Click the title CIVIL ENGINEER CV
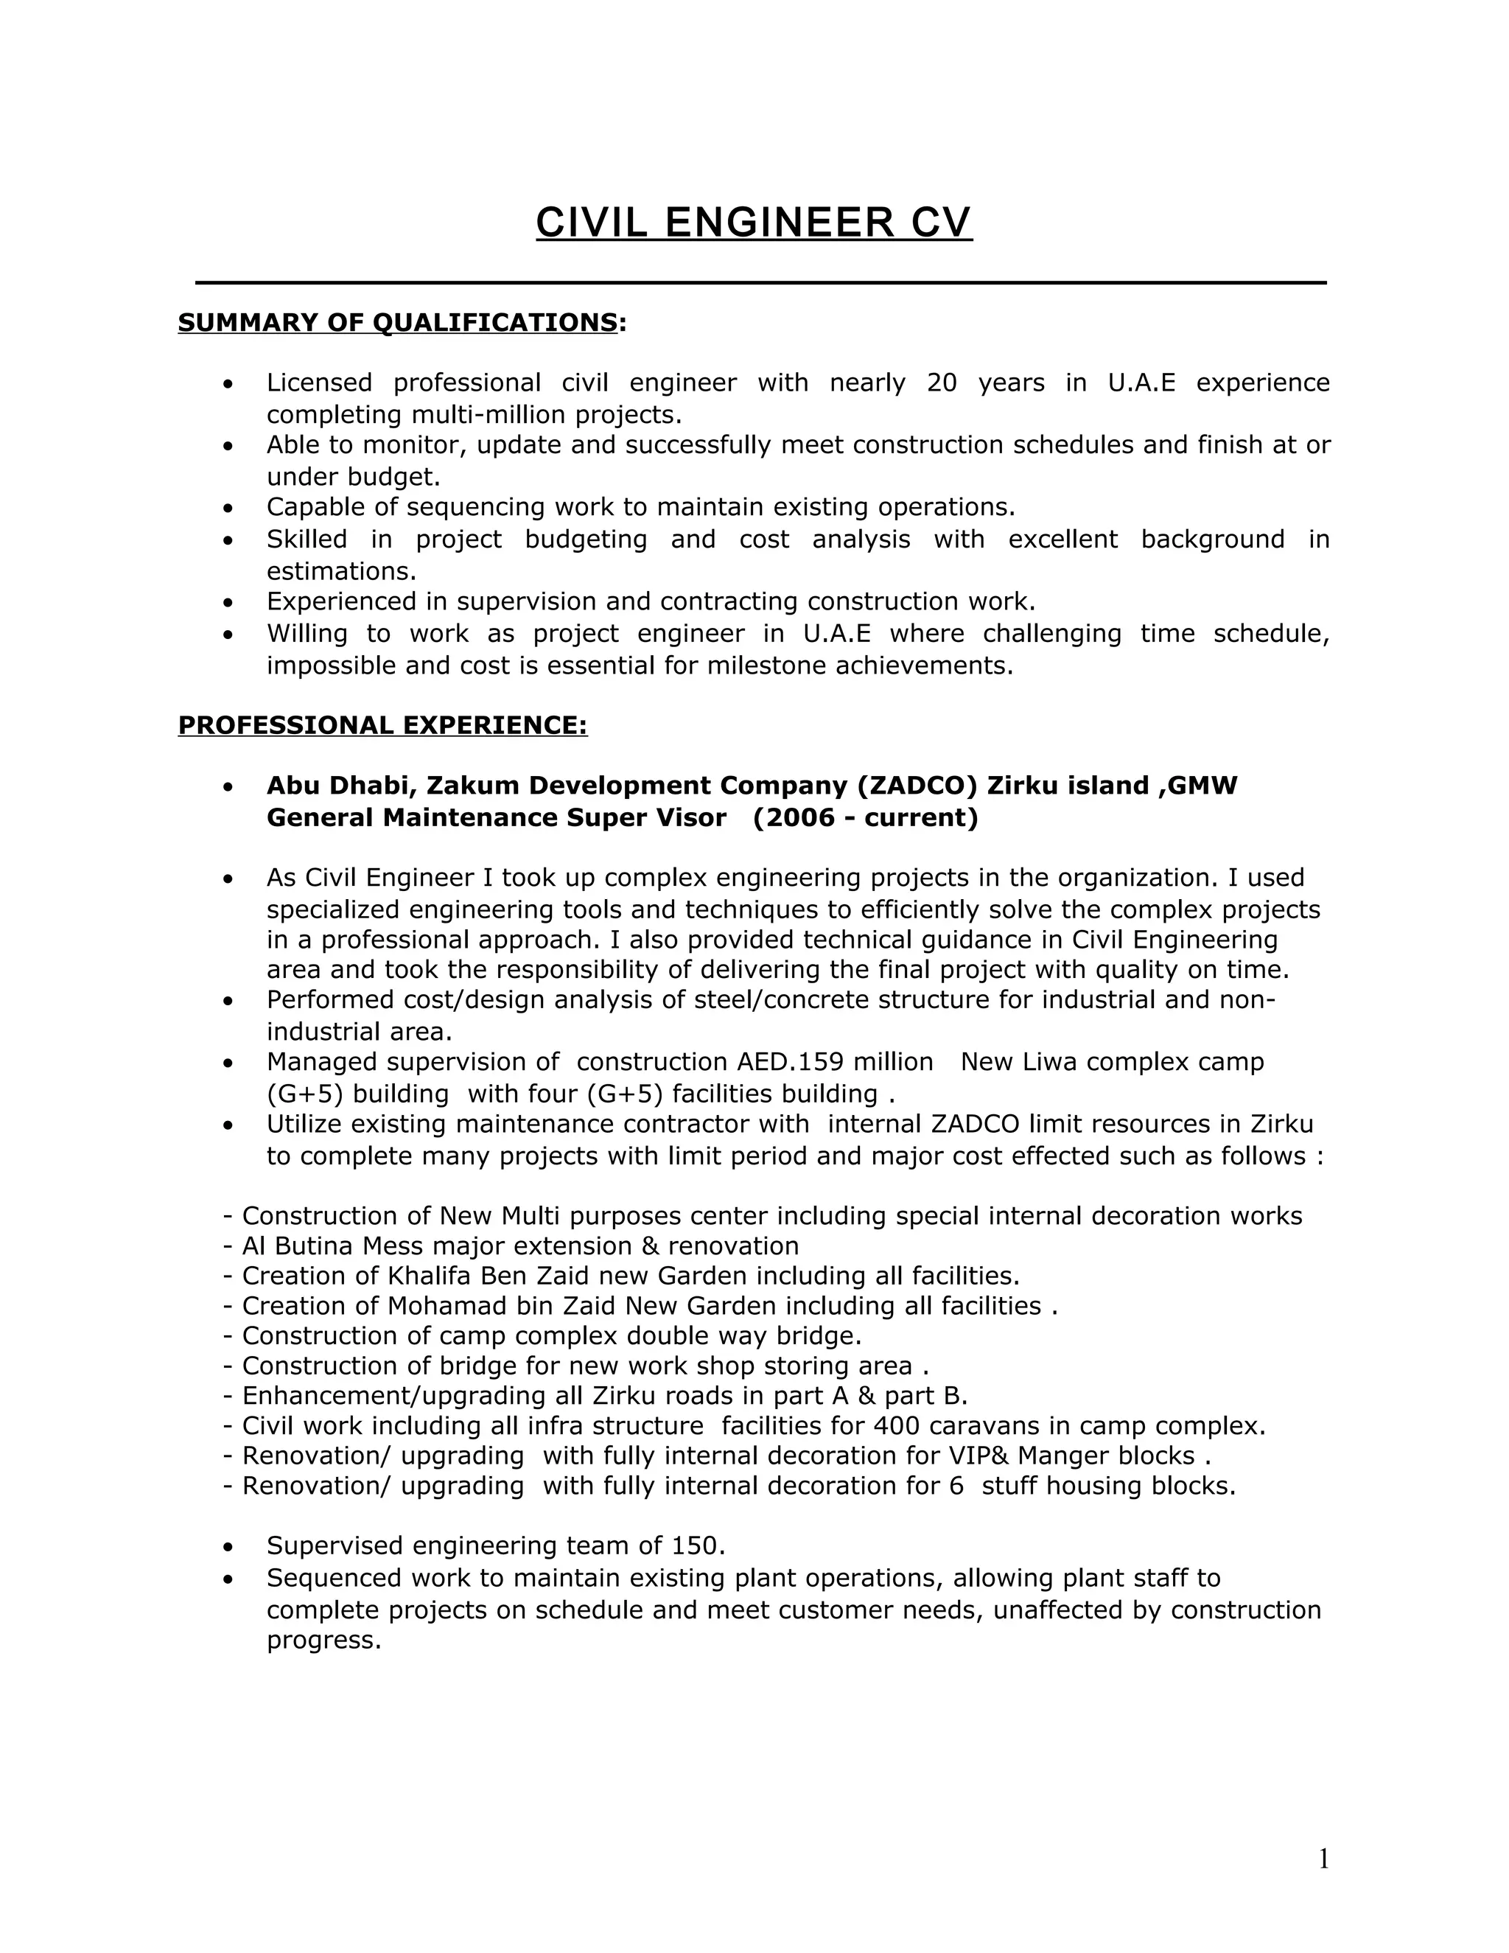point(754,223)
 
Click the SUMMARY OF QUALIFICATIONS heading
point(398,322)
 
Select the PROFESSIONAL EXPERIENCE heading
point(382,725)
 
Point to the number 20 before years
point(942,382)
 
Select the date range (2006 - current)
point(865,817)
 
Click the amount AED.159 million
point(835,1061)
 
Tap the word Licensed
point(319,382)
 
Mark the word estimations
point(341,570)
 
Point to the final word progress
point(323,1640)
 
